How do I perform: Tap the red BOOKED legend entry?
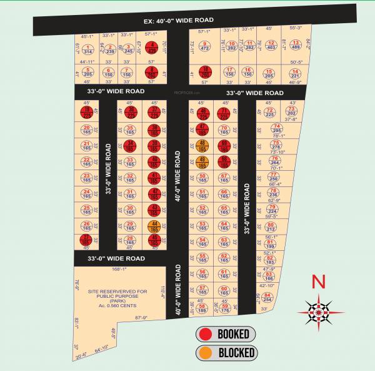(x=226, y=333)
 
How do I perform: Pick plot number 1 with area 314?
(x=87, y=49)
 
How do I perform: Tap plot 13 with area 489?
(x=296, y=45)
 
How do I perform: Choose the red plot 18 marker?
(x=205, y=72)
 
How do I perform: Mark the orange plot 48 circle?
(x=202, y=146)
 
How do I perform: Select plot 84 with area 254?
(x=267, y=297)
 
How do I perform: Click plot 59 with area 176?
(x=224, y=307)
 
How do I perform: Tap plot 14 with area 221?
(x=296, y=74)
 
